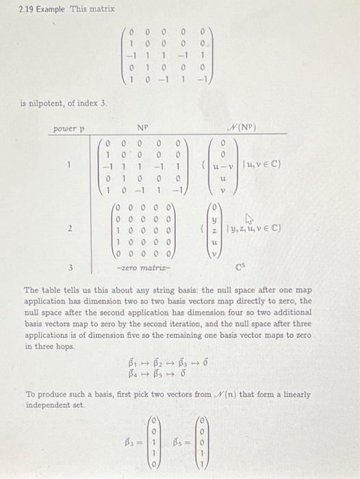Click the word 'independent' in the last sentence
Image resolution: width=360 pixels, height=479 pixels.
click(x=43, y=405)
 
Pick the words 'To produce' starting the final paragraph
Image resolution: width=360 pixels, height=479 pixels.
click(x=43, y=394)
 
